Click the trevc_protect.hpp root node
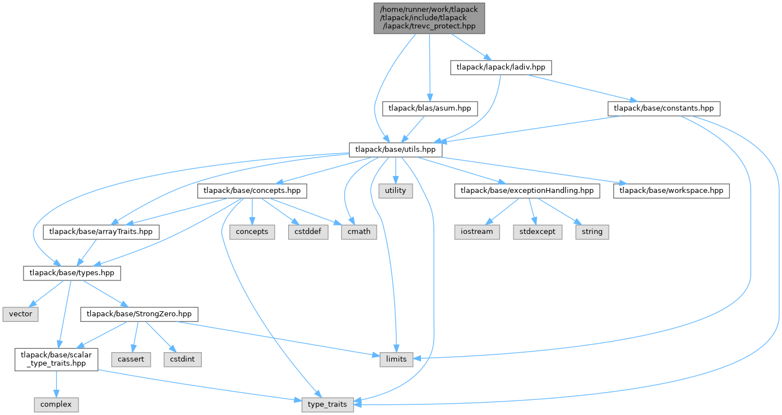tap(429, 17)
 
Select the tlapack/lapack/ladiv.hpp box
tap(501, 67)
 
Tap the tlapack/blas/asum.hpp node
tap(430, 108)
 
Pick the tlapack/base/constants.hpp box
tap(664, 108)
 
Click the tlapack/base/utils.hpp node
tap(396, 150)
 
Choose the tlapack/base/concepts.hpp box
tap(252, 191)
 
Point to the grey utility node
tap(396, 191)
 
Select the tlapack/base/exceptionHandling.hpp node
tap(527, 191)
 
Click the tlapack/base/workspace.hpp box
tap(672, 191)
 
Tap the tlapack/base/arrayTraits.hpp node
tap(101, 232)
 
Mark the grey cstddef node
tap(308, 232)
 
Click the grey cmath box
tap(359, 232)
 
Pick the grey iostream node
tap(476, 232)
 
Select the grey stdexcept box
tap(537, 232)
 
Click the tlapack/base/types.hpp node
tap(71, 273)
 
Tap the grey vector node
tap(21, 314)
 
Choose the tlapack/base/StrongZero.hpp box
tap(140, 314)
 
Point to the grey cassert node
tap(130, 358)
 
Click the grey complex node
tap(55, 404)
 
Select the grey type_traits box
tap(328, 404)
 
